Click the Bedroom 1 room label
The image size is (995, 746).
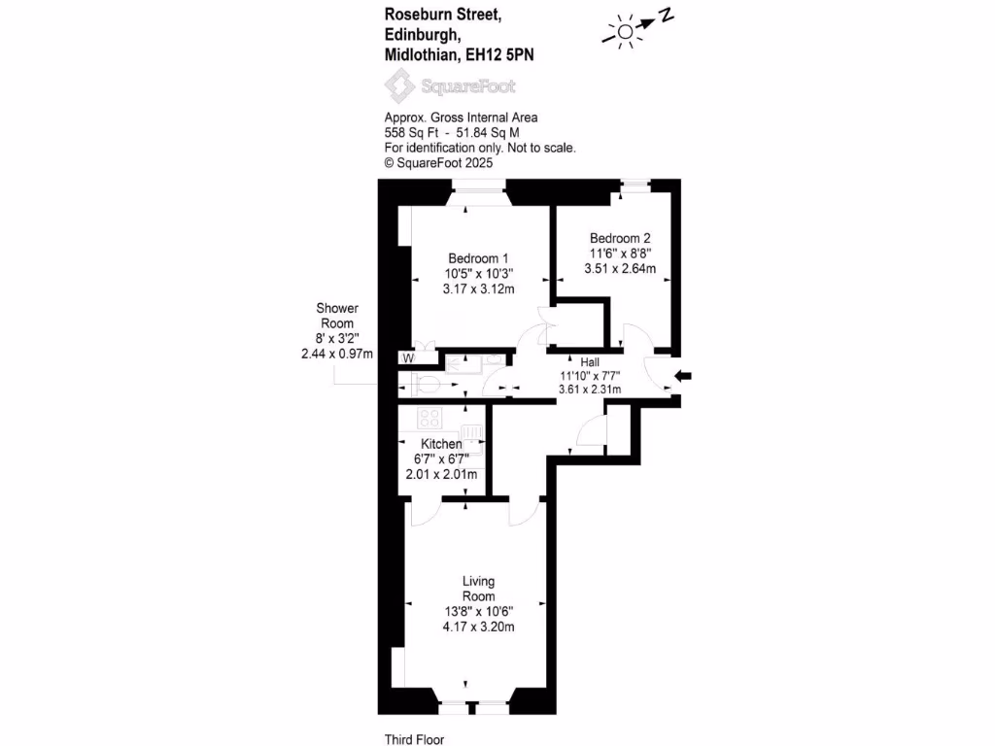pos(478,258)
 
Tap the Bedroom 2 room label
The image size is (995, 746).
pos(620,239)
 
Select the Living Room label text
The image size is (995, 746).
pos(478,589)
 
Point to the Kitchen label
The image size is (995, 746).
pos(442,444)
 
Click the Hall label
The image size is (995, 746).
pos(590,362)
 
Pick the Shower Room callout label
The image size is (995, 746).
pos(337,316)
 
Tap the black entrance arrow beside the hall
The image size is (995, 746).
pos(683,376)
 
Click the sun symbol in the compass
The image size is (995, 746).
pos(625,32)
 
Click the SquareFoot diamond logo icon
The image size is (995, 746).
pos(399,85)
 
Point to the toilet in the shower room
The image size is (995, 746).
pos(427,385)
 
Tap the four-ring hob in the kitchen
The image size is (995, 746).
pos(429,418)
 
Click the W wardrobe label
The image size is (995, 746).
pos(409,358)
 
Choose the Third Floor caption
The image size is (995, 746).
pos(414,739)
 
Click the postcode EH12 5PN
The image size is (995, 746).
pos(499,55)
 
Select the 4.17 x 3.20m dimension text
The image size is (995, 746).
pos(478,627)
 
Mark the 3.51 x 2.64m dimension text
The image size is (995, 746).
pos(620,268)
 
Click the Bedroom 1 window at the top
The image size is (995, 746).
pos(479,186)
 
